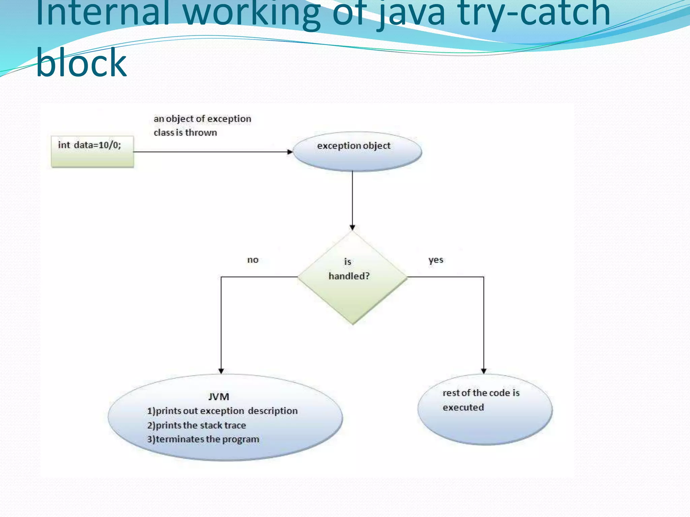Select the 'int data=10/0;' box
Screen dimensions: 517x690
tap(92, 151)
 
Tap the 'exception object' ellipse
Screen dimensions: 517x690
tap(357, 151)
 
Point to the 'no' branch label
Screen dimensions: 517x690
tap(253, 260)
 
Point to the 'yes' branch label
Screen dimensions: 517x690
tap(436, 260)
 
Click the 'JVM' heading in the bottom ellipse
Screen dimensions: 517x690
tap(219, 397)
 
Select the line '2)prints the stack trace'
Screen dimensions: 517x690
tap(196, 425)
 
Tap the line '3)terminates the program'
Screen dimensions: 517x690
tap(203, 440)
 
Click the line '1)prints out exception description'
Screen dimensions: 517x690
tap(222, 411)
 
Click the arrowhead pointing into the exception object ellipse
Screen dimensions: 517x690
tap(290, 152)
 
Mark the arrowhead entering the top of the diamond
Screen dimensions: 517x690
tap(352, 228)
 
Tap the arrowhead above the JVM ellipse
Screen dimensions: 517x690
tap(221, 371)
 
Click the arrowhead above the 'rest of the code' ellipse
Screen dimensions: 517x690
tap(484, 371)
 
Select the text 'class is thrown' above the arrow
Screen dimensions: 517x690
tap(185, 133)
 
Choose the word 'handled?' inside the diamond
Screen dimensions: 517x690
tap(349, 276)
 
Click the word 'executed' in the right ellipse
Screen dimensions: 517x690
tap(463, 407)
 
